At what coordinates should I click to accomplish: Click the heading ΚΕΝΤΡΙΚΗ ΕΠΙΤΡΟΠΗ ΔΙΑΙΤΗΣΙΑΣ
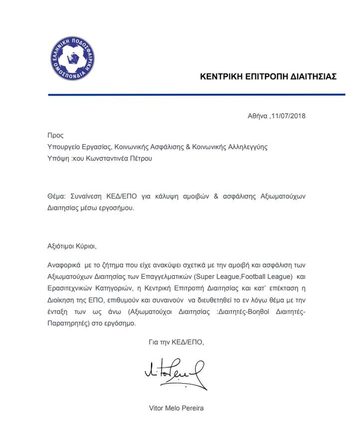tap(268, 77)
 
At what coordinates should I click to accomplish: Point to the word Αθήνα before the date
tap(258, 116)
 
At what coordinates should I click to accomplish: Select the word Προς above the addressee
tap(55, 135)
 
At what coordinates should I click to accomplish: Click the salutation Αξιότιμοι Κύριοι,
tap(71, 247)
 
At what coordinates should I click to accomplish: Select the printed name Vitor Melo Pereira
tap(177, 408)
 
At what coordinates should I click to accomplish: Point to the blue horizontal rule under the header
tap(197, 95)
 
